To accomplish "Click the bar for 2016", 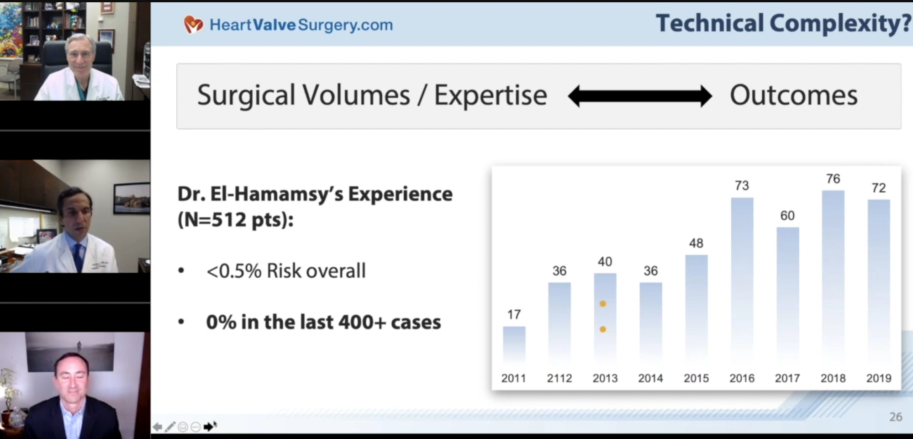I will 742,279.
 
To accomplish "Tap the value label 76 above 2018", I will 833,179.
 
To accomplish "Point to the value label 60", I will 787,216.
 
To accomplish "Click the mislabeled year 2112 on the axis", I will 559,378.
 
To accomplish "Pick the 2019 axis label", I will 879,378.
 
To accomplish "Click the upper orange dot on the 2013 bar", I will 603,304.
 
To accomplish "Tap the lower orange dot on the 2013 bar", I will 603,329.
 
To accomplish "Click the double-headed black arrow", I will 639,96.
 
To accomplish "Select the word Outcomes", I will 793,95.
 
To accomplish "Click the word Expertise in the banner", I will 490,95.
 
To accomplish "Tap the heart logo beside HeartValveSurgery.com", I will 193,24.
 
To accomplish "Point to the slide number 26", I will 896,417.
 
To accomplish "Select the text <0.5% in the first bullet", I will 234,271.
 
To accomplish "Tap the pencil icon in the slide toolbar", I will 170,427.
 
